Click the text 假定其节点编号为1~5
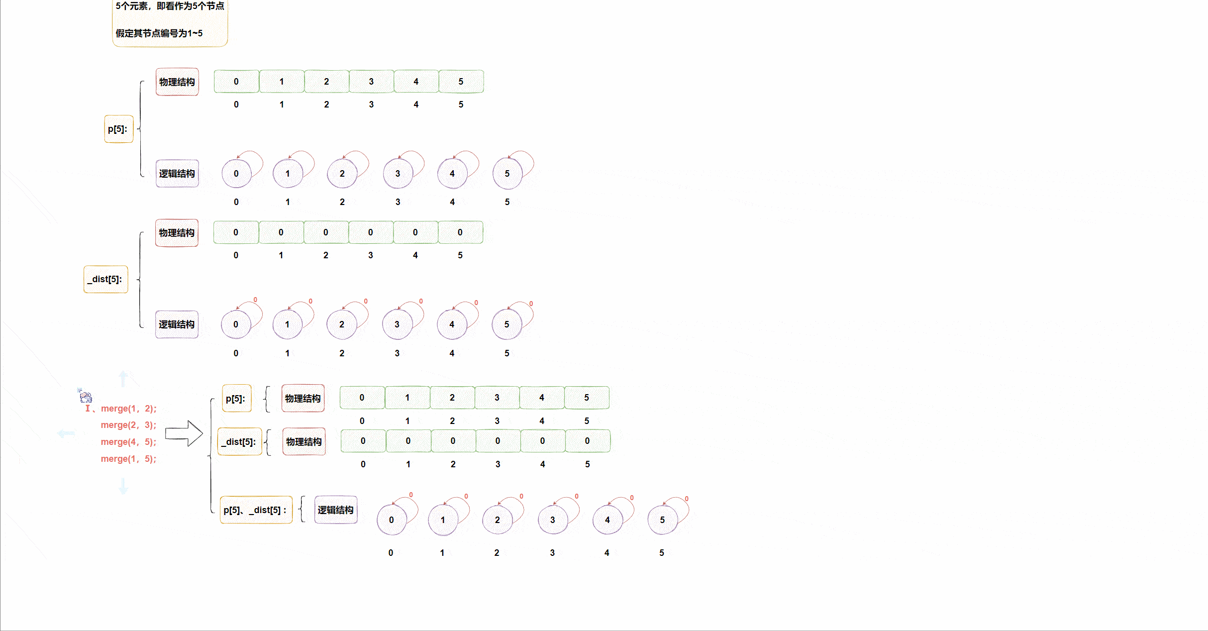(x=159, y=33)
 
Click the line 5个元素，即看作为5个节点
(x=170, y=6)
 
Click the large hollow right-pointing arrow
(x=184, y=433)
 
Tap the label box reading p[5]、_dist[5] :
(x=256, y=510)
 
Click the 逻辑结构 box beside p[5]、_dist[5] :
(x=336, y=510)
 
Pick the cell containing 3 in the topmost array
(x=371, y=82)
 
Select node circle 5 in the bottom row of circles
(x=662, y=520)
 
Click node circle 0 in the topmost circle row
(x=236, y=174)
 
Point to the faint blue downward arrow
(x=123, y=485)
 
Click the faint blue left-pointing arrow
(x=66, y=433)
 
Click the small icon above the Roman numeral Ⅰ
(x=86, y=396)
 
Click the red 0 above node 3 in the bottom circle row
(x=577, y=496)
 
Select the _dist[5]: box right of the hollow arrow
(x=240, y=442)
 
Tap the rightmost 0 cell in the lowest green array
(x=588, y=441)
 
